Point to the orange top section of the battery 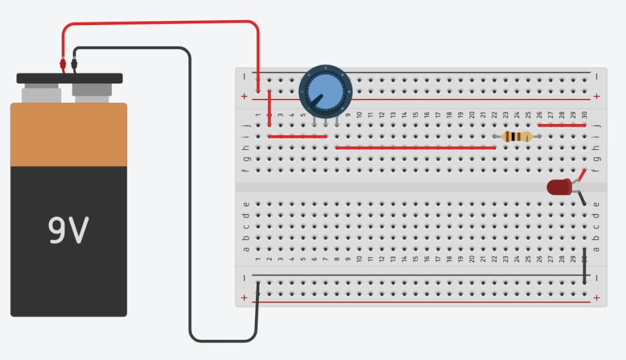click(68, 134)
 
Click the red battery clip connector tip click(62, 64)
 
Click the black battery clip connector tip click(74, 64)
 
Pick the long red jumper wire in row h click(415, 147)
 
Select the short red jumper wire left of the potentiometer click(298, 136)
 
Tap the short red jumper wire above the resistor click(562, 125)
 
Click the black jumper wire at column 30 click(585, 266)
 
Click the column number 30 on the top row click(584, 115)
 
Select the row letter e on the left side click(246, 204)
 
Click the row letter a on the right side click(596, 249)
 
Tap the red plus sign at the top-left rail click(245, 97)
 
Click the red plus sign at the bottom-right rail click(596, 298)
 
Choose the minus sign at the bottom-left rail click(245, 277)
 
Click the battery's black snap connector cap click(69, 78)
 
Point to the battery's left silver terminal click(41, 94)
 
